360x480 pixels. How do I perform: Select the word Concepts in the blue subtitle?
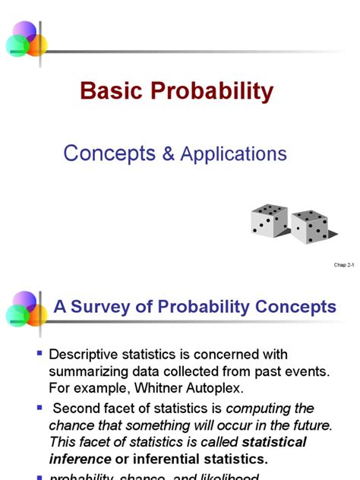[109, 153]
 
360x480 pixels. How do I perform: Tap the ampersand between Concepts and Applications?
[168, 154]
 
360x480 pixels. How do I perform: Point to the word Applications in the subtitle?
[233, 154]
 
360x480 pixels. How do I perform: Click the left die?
[270, 220]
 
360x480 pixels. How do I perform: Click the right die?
[310, 226]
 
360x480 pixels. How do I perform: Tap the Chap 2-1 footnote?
[344, 265]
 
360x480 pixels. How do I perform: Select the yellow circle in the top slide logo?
[36, 45]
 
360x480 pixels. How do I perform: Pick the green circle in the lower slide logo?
[17, 315]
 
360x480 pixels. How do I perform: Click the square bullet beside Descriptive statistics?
[39, 353]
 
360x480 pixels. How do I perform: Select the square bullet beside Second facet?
[39, 409]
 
